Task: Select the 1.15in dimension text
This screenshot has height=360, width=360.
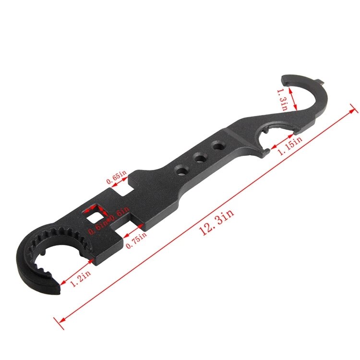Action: point(291,145)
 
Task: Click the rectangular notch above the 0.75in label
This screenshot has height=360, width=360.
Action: point(135,226)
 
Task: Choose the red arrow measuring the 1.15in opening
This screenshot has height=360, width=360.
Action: point(273,144)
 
